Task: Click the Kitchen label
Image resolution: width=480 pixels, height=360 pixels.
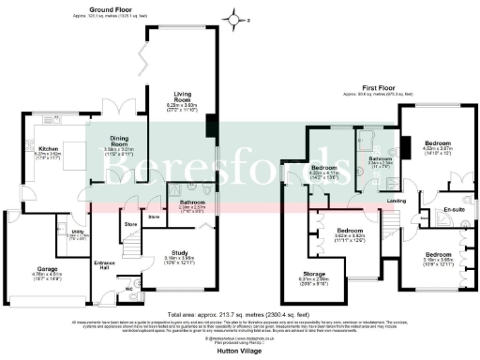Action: click(49, 148)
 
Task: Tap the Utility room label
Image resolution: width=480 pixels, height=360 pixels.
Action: click(77, 231)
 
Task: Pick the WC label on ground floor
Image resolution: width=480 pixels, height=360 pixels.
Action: click(130, 288)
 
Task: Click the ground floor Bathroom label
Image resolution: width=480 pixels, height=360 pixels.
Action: click(191, 202)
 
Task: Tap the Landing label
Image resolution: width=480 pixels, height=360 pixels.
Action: click(397, 201)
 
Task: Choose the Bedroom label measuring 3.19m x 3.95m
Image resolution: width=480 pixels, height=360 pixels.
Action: click(437, 255)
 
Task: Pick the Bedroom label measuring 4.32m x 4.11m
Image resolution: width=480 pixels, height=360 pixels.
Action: click(322, 168)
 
